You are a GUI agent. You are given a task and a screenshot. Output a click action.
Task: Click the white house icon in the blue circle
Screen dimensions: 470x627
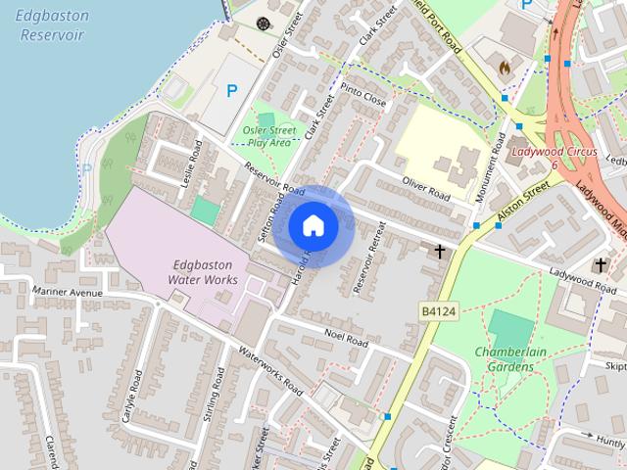click(313, 226)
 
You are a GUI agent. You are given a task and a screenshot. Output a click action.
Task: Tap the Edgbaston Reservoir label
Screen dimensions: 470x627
click(51, 25)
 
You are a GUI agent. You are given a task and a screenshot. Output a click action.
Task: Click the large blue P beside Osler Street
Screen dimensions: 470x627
click(232, 91)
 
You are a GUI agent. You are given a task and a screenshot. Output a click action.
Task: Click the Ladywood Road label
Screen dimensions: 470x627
click(582, 280)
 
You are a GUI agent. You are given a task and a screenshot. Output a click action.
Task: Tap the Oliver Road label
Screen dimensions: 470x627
click(425, 187)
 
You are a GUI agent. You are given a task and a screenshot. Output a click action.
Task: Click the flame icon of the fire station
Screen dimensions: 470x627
click(505, 69)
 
